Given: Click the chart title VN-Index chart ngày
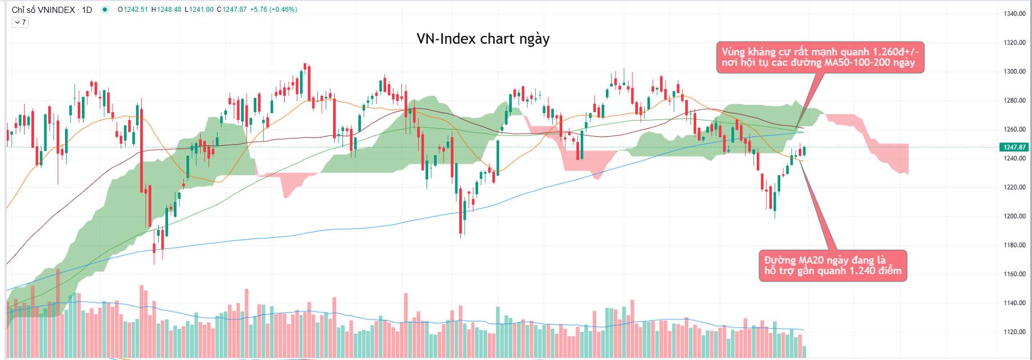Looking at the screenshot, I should (483, 39).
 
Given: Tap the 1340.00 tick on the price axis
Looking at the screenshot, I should (1014, 13).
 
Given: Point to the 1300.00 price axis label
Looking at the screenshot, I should (1014, 72).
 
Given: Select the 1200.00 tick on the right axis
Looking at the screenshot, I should (1014, 216).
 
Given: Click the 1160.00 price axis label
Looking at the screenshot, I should (1014, 274).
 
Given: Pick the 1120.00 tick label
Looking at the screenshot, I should (1014, 332).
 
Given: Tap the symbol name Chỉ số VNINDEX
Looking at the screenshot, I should (43, 10).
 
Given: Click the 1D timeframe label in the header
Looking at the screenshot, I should (86, 10).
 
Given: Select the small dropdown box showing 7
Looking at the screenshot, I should (20, 22).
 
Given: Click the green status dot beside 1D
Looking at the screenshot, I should (105, 10).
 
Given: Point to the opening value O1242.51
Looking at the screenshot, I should (133, 10).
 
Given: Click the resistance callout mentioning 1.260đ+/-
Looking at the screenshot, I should (820, 57).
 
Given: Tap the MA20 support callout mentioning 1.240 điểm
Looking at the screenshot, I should (832, 265).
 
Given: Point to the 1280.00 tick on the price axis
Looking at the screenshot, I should (1014, 101).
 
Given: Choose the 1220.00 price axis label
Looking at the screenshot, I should (1014, 187).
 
